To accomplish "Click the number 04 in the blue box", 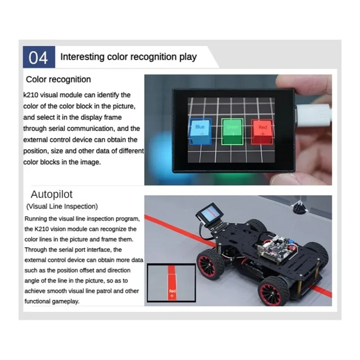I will [x=38, y=58].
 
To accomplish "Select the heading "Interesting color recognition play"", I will [x=128, y=57].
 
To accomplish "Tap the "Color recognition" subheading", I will [x=58, y=80].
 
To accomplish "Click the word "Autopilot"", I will [x=51, y=195].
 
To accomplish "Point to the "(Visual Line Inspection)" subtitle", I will [x=61, y=207].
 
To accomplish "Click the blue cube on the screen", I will [x=199, y=131].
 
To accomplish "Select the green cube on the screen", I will [x=232, y=131].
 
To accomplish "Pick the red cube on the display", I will [x=263, y=131].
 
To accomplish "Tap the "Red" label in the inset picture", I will [x=172, y=291].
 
